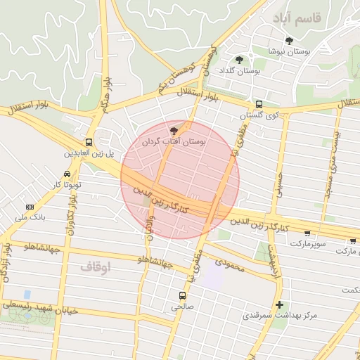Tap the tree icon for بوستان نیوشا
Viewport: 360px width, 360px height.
click(289, 41)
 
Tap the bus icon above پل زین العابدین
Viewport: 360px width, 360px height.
click(89, 141)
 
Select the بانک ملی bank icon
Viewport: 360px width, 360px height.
click(30, 207)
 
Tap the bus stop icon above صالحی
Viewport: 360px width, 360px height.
click(183, 295)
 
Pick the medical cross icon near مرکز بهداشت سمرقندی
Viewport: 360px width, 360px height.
click(280, 304)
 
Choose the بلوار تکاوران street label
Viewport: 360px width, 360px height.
click(72, 211)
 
